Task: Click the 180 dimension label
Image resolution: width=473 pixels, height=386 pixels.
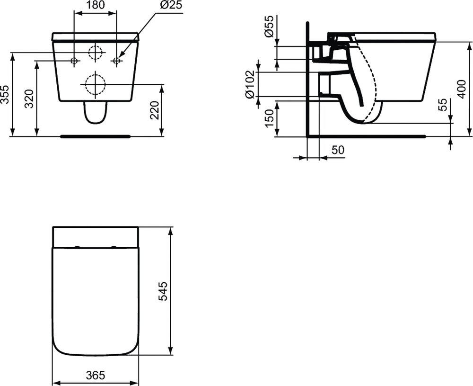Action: point(95,6)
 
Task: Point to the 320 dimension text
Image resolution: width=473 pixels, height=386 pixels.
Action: point(30,99)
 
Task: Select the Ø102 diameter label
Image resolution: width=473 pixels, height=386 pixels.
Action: point(251,84)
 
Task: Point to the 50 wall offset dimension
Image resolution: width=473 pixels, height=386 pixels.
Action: point(337,150)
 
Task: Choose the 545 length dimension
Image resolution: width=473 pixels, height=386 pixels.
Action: point(163,290)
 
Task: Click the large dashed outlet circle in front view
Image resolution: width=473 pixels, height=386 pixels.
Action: point(95,85)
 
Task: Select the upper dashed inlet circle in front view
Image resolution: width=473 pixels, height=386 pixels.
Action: point(96,53)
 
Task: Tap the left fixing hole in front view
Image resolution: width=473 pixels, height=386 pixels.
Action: point(74,61)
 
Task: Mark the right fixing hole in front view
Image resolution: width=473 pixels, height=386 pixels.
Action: point(116,61)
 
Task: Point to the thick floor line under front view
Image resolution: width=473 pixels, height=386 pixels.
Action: point(95,136)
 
